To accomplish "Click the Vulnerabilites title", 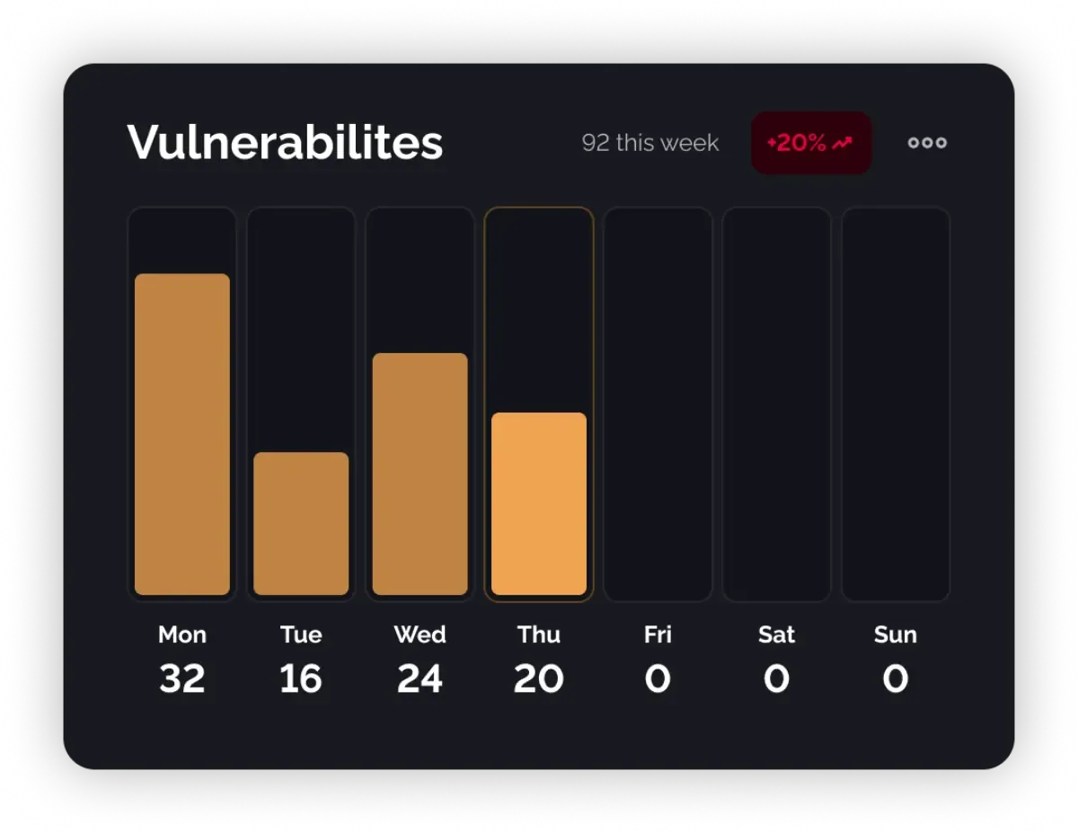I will click(285, 142).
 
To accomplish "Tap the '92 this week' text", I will click(649, 143).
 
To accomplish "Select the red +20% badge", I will click(810, 143).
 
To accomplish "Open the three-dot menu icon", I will click(927, 143).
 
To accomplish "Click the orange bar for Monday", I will click(182, 434).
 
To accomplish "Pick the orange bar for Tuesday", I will click(301, 523).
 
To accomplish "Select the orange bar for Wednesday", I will click(420, 474).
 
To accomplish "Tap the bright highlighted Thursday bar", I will click(539, 503).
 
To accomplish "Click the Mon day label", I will click(182, 634).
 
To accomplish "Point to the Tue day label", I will click(301, 634).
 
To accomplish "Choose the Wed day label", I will click(420, 634).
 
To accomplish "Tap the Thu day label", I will click(539, 634).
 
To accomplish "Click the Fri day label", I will click(658, 634).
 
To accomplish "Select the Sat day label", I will click(776, 634).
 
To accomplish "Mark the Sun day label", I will click(895, 634).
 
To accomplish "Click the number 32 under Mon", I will click(182, 678).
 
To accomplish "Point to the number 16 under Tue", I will click(301, 678).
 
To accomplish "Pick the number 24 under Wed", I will click(420, 678).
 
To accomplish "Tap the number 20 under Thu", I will click(539, 678).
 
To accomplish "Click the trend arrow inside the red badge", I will click(842, 143).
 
